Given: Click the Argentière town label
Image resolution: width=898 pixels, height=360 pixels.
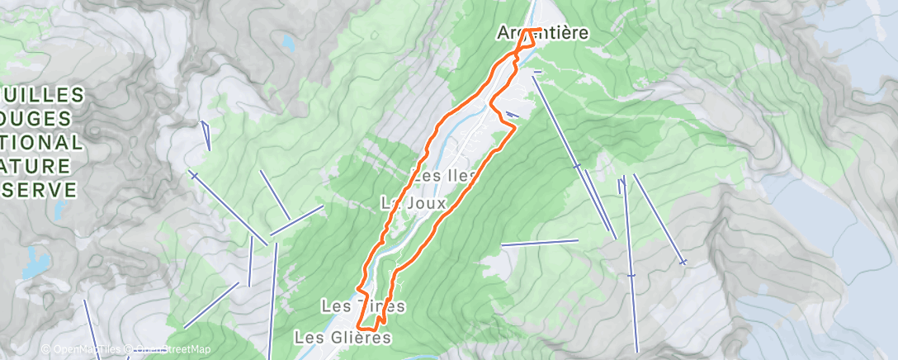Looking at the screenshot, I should pyautogui.click(x=543, y=34).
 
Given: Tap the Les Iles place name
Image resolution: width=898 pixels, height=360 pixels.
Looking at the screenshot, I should pyautogui.click(x=444, y=176).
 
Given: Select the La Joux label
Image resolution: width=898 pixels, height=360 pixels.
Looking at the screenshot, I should pyautogui.click(x=413, y=202).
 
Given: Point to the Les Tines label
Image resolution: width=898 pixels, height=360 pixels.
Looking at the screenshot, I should pyautogui.click(x=363, y=307).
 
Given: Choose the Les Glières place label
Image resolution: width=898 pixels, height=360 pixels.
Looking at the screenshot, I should pyautogui.click(x=342, y=338).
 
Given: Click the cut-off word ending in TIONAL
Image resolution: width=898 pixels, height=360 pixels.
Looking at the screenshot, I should pyautogui.click(x=41, y=142).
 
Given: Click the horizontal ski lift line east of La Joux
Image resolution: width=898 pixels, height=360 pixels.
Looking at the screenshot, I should pyautogui.click(x=540, y=243).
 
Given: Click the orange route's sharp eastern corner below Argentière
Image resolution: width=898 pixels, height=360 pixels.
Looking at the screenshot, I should pyautogui.click(x=514, y=128).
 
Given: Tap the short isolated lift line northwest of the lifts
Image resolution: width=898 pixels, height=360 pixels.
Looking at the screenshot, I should pyautogui.click(x=206, y=135).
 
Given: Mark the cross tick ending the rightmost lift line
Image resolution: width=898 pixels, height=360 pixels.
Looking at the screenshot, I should pyautogui.click(x=683, y=263).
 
